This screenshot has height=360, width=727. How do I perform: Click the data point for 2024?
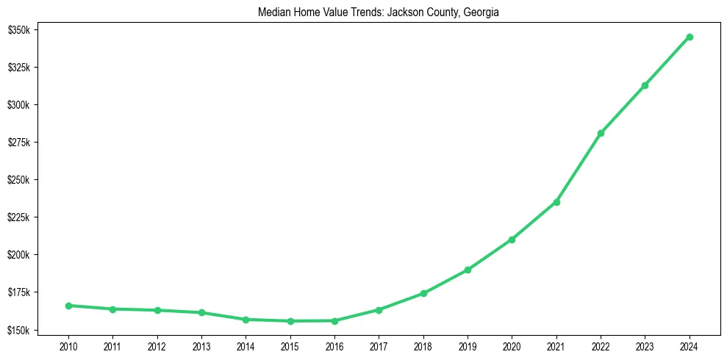[690, 37]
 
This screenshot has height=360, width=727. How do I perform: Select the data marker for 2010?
[68, 306]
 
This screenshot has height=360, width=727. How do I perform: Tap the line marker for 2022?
[601, 133]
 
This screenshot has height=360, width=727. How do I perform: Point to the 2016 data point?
[334, 320]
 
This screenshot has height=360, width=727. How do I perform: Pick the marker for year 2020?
[512, 240]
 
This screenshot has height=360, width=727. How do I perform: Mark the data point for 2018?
[423, 293]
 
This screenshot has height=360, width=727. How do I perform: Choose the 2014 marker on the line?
[246, 320]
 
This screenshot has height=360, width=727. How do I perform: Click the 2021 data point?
[556, 202]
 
